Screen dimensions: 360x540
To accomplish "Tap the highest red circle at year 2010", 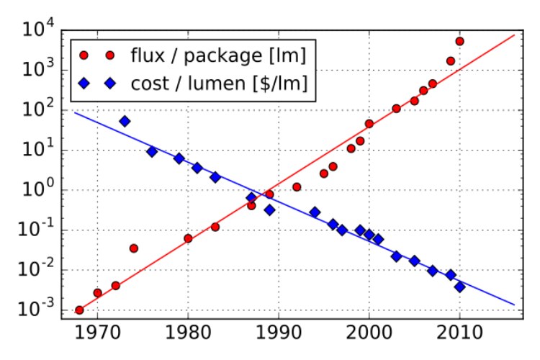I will (459, 41).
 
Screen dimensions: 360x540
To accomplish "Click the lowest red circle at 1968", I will (79, 310).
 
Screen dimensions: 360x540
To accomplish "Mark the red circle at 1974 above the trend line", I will (133, 248).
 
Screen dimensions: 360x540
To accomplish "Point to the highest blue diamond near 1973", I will (125, 121).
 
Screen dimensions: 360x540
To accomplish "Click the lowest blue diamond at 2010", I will (459, 287).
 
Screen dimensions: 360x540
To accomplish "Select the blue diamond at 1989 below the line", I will (269, 210).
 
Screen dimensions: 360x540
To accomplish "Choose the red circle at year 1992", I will (297, 187).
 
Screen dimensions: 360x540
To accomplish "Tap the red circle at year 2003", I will (396, 109).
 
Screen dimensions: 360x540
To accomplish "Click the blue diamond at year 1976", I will (152, 152).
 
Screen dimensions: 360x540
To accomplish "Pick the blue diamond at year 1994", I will (315, 212).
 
